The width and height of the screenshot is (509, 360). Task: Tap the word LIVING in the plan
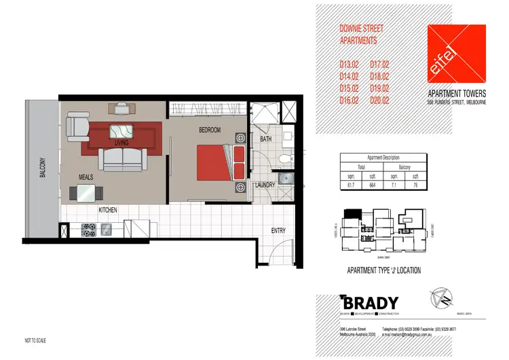click(x=121, y=143)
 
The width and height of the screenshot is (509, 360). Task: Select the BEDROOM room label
click(x=210, y=130)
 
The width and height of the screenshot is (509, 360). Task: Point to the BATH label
click(x=265, y=140)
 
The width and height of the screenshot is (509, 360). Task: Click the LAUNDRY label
click(x=265, y=185)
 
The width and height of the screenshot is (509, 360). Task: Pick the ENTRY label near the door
click(x=278, y=230)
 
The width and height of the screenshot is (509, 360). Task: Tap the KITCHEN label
click(x=110, y=211)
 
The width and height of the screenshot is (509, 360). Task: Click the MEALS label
click(x=86, y=177)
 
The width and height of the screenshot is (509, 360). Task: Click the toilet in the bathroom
click(x=284, y=158)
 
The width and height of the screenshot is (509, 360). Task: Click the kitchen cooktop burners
click(x=89, y=230)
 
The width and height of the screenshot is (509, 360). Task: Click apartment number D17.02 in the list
click(x=379, y=65)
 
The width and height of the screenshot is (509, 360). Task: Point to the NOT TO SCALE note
click(x=37, y=338)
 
